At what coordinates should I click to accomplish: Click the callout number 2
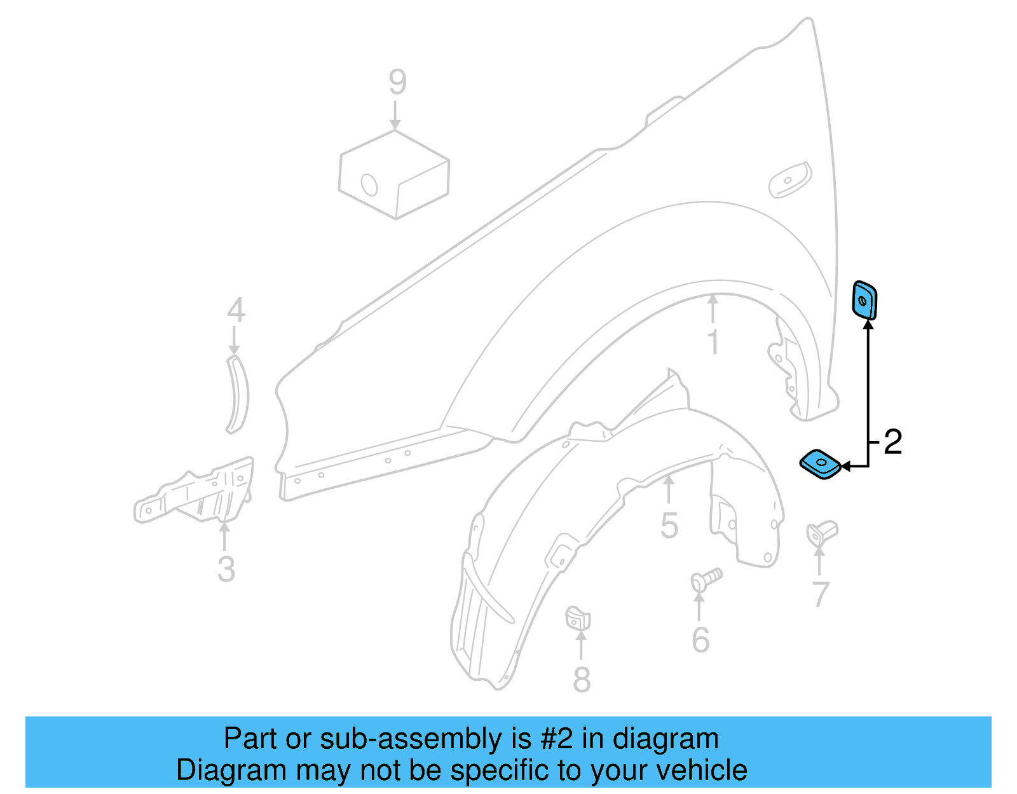coord(892,442)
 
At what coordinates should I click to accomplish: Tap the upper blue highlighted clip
coord(864,300)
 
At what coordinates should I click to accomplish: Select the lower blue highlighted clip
coord(821,465)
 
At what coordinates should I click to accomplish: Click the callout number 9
coord(397,83)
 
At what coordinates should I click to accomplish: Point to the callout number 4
coord(236,311)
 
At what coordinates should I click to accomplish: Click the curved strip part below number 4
coord(239,395)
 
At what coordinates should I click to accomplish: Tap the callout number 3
coord(226,570)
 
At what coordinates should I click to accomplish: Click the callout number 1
coord(713,342)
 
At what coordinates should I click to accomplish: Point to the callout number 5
coord(669,526)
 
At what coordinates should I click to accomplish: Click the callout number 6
coord(700,640)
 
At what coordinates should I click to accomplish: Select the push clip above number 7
coord(821,532)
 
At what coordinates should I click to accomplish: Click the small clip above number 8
coord(578,619)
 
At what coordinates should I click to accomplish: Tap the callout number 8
coord(582,680)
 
